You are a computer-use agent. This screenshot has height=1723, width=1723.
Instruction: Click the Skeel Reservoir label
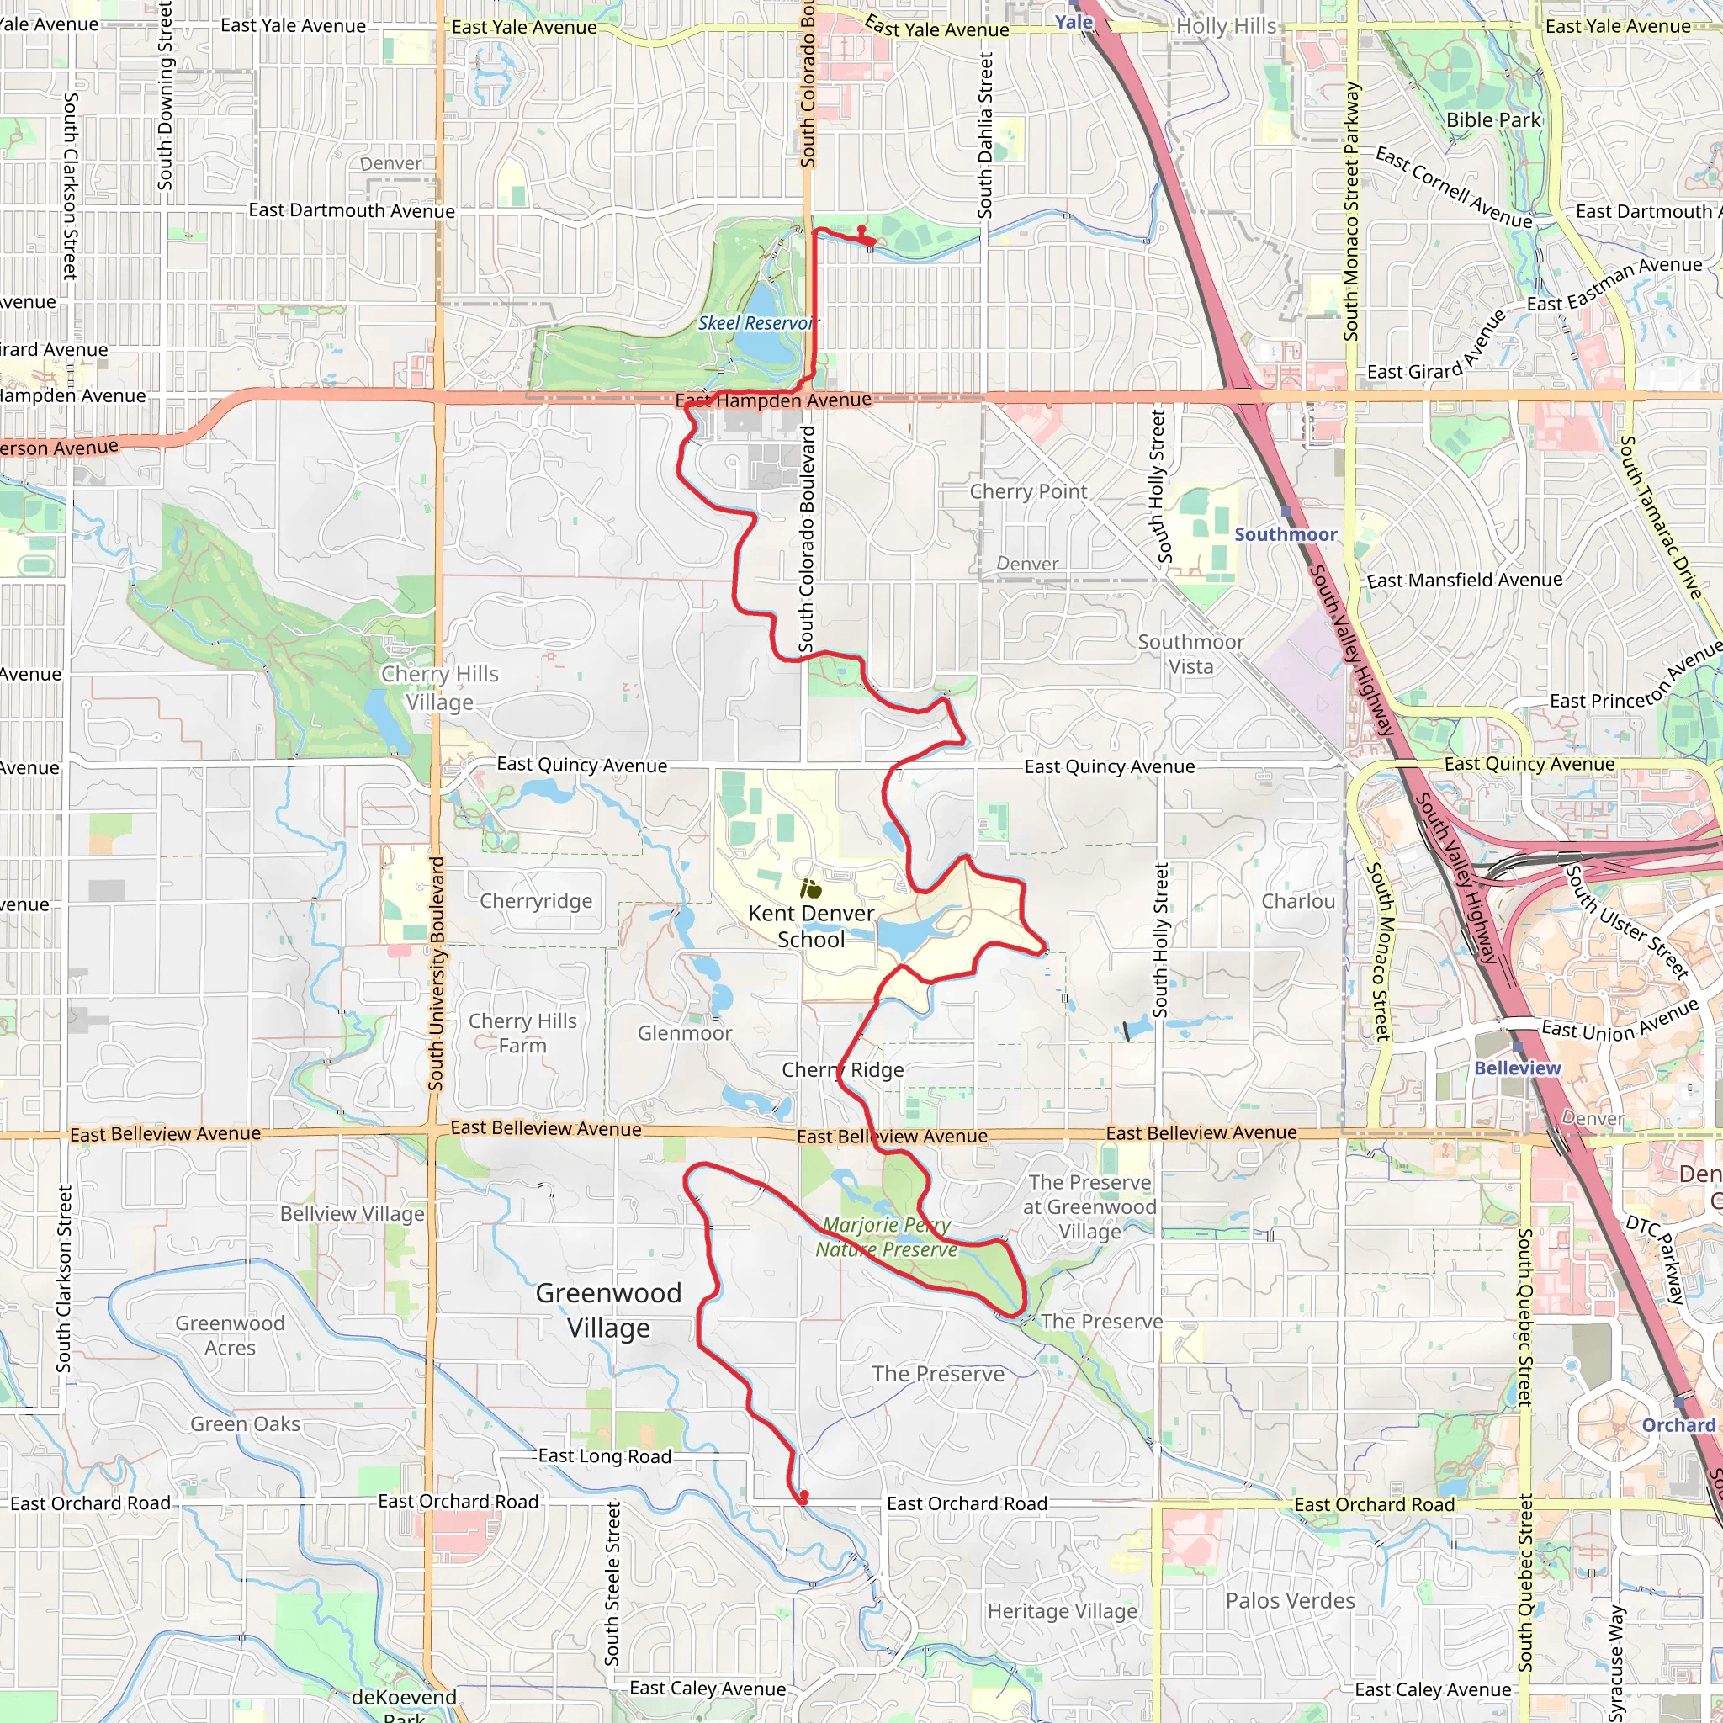(x=757, y=323)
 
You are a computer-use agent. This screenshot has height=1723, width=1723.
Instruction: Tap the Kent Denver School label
(x=811, y=925)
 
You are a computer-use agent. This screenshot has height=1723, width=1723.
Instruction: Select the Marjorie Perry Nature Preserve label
(x=886, y=1237)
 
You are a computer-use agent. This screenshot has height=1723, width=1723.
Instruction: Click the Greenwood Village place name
(x=609, y=1310)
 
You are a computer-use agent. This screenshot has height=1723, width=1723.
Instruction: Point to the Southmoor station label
(x=1286, y=534)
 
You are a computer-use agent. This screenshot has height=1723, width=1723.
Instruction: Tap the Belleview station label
(x=1517, y=1068)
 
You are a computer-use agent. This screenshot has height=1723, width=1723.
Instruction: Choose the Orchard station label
(x=1678, y=1424)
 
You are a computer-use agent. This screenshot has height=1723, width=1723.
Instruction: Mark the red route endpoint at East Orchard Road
(x=804, y=1496)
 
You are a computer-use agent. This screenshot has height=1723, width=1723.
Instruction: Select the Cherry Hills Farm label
(x=522, y=1033)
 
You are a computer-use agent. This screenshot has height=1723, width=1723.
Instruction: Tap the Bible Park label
(x=1493, y=120)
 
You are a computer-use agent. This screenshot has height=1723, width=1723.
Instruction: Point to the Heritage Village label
(x=1063, y=1610)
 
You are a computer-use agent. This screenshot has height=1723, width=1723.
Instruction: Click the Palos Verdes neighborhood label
(x=1290, y=1601)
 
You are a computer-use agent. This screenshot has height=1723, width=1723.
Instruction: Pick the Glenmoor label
(x=684, y=1033)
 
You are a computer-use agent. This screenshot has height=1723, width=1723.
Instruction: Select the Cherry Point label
(x=1028, y=491)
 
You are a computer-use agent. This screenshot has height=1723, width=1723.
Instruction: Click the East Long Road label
(x=604, y=1456)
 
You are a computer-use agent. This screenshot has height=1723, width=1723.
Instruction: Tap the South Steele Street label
(x=612, y=1583)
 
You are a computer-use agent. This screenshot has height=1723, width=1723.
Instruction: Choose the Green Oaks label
(x=246, y=1424)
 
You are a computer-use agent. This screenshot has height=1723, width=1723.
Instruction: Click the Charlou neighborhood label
(x=1297, y=901)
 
